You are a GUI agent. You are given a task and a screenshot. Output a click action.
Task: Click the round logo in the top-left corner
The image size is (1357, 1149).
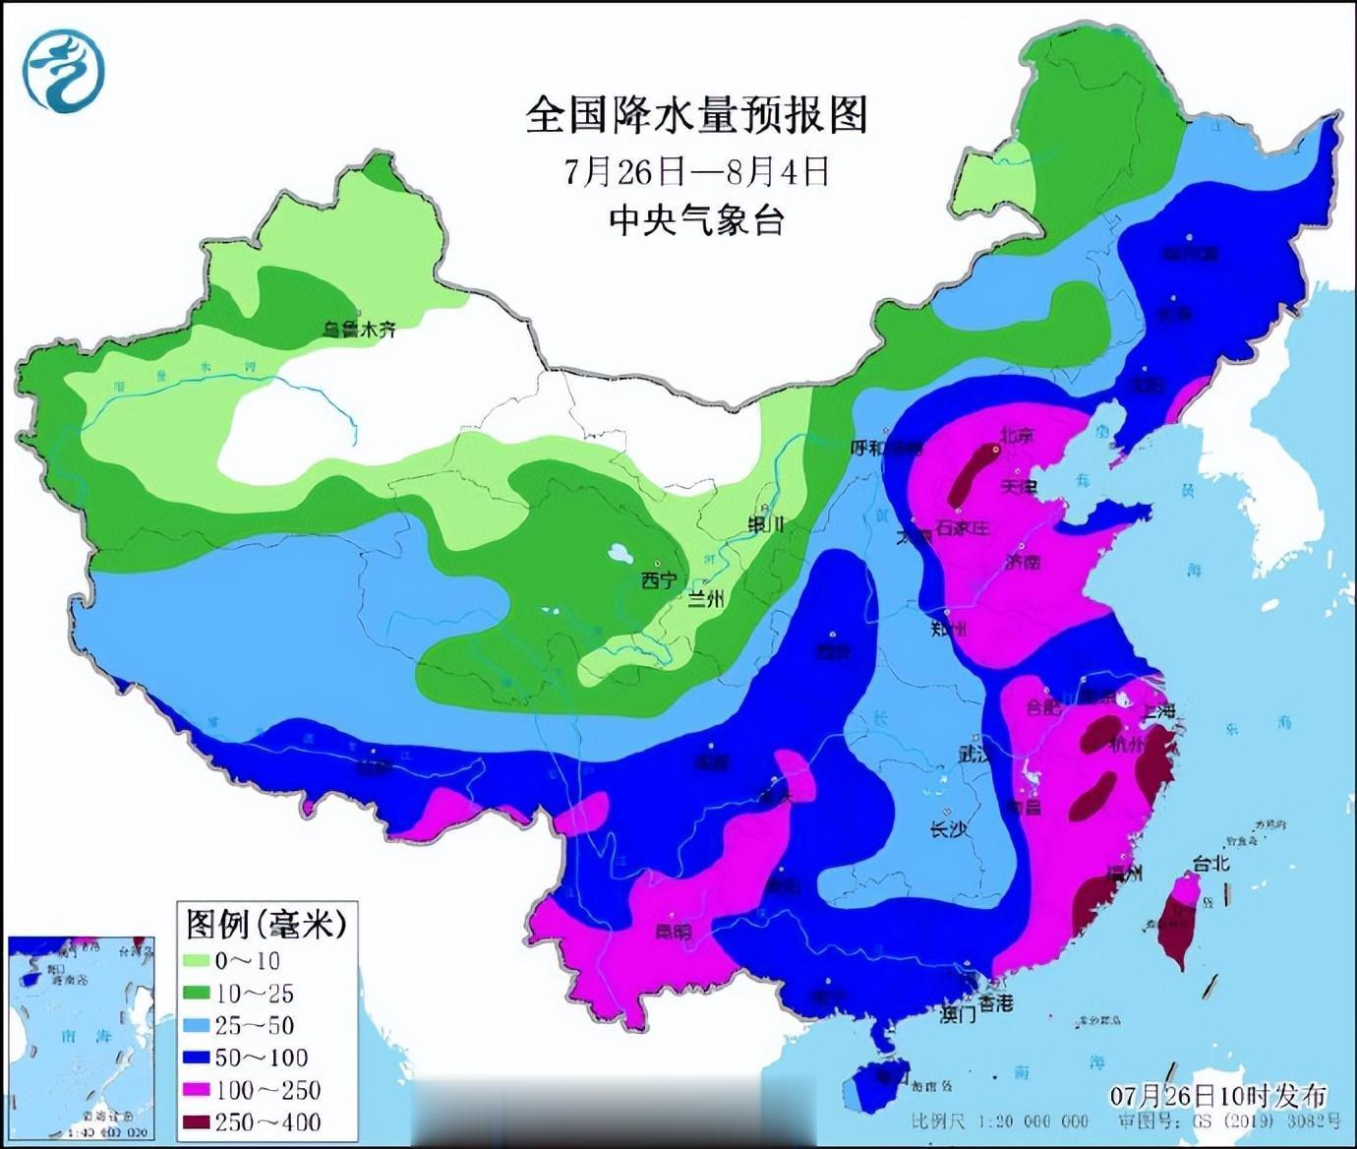click(64, 71)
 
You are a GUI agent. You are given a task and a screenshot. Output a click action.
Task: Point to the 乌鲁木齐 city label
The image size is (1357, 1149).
click(360, 330)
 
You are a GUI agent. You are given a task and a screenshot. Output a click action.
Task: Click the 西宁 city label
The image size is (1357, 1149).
click(658, 580)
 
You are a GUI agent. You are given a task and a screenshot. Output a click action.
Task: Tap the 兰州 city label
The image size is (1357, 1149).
click(705, 598)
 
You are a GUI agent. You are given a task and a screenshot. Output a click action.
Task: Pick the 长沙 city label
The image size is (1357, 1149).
click(948, 828)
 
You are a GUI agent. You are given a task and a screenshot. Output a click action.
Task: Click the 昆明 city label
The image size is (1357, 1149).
click(674, 931)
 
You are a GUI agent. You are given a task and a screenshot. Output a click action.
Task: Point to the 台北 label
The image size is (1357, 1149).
click(1210, 864)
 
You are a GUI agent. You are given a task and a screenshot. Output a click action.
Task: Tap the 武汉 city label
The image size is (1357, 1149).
click(976, 755)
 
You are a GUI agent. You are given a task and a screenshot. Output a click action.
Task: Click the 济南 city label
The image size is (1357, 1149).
click(1023, 562)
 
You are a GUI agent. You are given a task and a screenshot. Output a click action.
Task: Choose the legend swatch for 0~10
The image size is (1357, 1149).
click(196, 960)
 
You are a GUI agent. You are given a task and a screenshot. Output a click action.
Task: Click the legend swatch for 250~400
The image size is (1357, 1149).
click(196, 1121)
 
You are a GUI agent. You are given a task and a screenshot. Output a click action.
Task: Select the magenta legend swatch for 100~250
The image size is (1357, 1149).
click(196, 1089)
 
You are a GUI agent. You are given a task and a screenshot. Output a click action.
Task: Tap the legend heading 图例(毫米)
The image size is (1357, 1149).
click(265, 924)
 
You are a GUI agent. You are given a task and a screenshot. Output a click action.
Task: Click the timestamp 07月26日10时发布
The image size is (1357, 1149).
click(1218, 1095)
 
